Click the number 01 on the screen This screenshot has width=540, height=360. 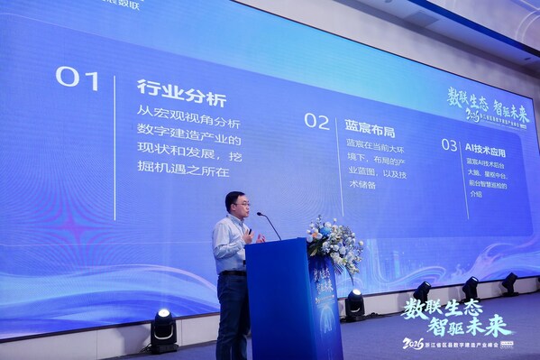click(x=78, y=78)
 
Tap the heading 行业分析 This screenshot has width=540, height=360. click(x=181, y=90)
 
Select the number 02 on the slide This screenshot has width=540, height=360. click(x=316, y=121)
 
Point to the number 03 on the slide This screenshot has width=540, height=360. click(x=449, y=144)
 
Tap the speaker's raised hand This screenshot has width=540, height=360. click(x=248, y=235)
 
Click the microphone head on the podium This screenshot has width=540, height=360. click(x=260, y=215)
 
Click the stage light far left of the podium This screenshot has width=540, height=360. click(x=163, y=329)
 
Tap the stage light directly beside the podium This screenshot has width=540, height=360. click(x=355, y=304)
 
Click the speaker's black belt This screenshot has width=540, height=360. click(x=233, y=272)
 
